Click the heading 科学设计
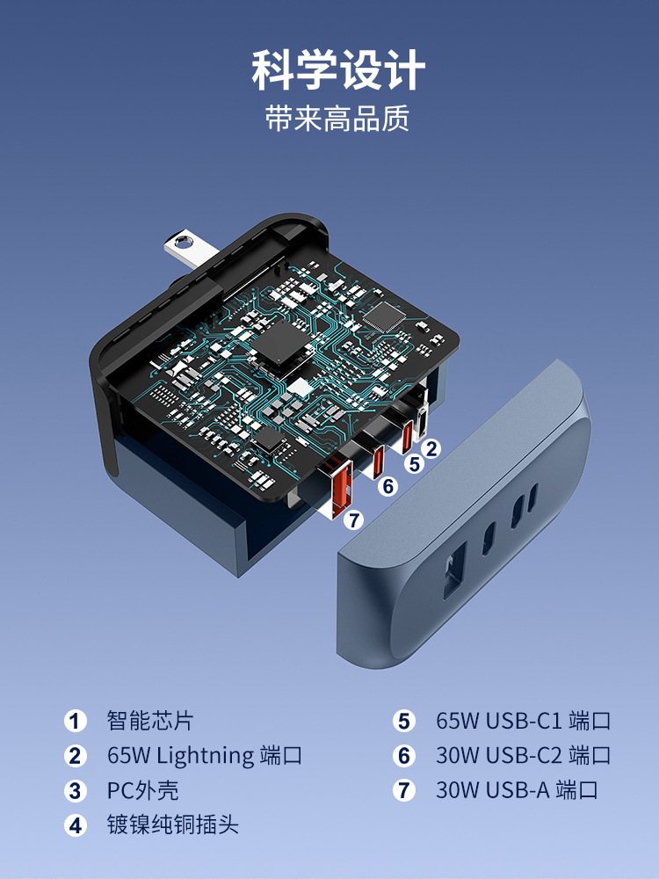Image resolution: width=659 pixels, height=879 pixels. tap(338, 70)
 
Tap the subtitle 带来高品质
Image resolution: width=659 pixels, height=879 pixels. tap(337, 118)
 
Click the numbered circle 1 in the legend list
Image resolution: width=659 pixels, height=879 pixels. tap(75, 721)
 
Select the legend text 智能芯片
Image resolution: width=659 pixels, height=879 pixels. tap(150, 721)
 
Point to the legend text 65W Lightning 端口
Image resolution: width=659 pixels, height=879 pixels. tap(205, 756)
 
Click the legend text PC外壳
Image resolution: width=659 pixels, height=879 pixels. tap(143, 790)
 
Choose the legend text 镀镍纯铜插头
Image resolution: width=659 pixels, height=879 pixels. tap(172, 825)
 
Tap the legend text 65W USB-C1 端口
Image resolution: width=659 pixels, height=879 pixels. tap(524, 721)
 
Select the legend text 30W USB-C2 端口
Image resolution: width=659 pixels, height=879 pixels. tap(524, 756)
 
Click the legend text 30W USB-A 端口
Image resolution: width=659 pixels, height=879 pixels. tap(517, 790)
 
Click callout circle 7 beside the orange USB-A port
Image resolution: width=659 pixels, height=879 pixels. tap(353, 520)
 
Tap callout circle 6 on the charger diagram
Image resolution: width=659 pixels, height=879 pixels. tap(387, 486)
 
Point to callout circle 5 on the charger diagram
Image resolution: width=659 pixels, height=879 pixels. tap(414, 463)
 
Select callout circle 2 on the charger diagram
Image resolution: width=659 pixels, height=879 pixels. tap(431, 448)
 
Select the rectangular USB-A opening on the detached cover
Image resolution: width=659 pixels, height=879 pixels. tap(454, 570)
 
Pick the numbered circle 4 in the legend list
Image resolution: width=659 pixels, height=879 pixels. tap(75, 825)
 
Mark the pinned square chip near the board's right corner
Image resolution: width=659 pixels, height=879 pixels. tap(384, 316)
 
